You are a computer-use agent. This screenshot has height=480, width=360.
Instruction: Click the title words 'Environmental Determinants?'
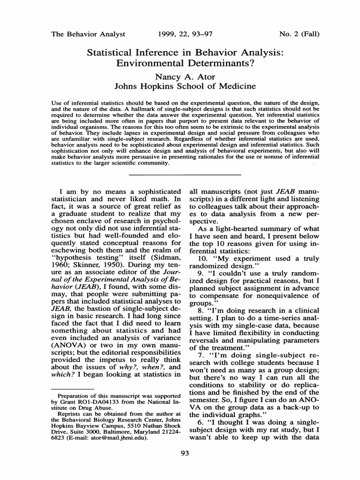pos(186,63)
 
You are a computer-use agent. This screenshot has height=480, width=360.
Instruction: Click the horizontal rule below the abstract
pos(185,175)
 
